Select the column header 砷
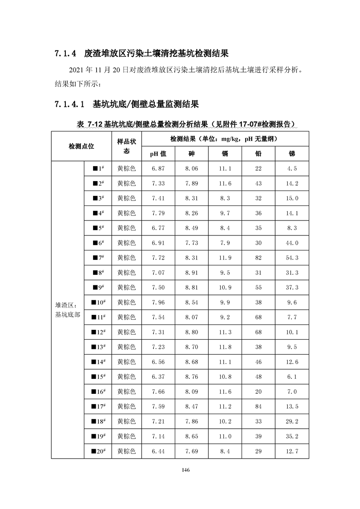pos(192,153)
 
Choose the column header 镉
pos(225,153)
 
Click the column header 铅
pos(258,153)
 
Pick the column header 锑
pos(292,153)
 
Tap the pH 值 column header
pos(158,153)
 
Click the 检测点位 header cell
pos(81,146)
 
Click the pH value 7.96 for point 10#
pos(158,302)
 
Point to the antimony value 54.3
pos(292,258)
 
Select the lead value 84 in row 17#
pos(258,406)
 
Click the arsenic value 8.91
pos(192,273)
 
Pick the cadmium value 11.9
pos(225,258)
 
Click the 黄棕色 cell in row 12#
pos(126,332)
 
